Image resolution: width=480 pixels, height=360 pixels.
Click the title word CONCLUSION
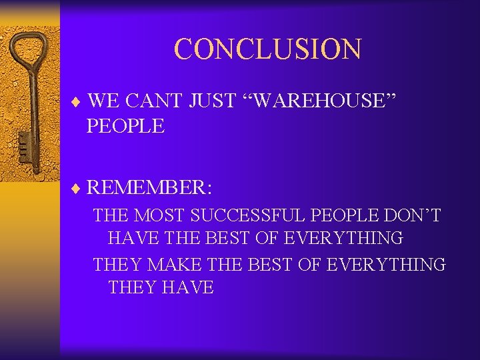[267, 49]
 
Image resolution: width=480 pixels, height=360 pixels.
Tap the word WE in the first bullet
[103, 101]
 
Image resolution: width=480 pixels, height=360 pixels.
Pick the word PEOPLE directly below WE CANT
[125, 126]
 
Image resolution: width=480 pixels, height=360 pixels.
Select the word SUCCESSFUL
[252, 215]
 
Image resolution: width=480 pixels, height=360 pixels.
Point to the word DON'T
[416, 215]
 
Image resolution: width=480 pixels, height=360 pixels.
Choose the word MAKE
[175, 264]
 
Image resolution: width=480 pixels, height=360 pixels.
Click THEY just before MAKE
[118, 264]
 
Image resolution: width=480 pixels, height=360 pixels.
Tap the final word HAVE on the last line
[188, 288]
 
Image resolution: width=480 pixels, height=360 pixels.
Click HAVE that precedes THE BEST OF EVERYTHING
[134, 238]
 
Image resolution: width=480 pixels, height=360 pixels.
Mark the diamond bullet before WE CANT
[79, 103]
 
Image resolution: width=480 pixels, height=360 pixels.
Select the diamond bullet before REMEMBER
[79, 189]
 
